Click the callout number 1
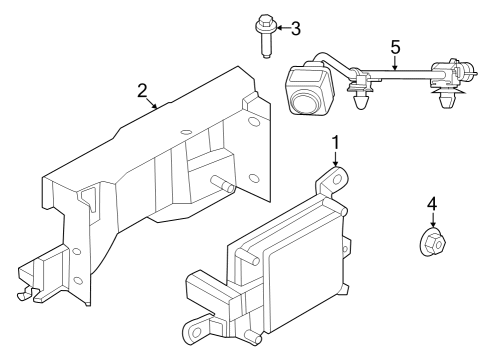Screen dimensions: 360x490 coord(336,143)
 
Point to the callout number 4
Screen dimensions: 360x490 coord(432,204)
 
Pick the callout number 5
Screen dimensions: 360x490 coord(395,46)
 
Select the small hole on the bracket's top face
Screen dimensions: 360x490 coord(186,131)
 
